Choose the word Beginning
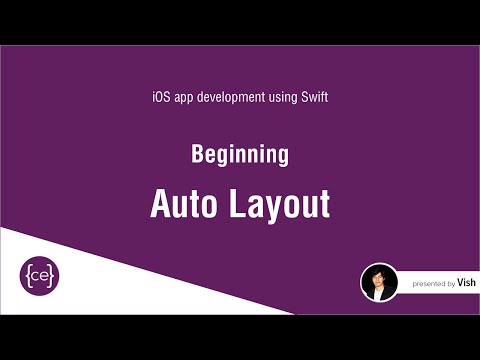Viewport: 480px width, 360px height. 240,155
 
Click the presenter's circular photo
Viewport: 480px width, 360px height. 379,283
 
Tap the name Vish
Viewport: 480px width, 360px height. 467,284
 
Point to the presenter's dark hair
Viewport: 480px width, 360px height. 379,272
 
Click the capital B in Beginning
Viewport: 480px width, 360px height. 197,155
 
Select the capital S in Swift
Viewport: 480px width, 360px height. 304,98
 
